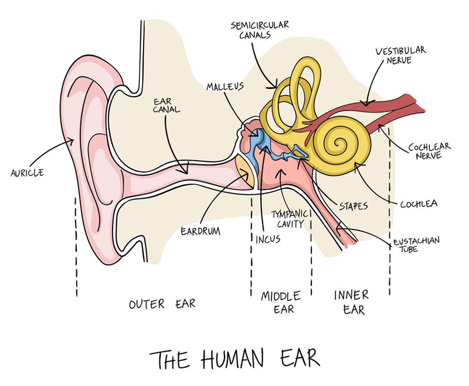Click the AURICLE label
27,172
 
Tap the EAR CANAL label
166,106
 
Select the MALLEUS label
225,86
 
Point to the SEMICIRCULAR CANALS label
259,29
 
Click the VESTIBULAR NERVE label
400,55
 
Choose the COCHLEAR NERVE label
430,151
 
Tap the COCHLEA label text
419,204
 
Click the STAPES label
354,206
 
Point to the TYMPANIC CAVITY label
290,219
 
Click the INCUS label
268,239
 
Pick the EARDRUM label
200,231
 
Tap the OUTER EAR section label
162,304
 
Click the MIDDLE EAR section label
281,302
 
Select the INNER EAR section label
352,302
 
